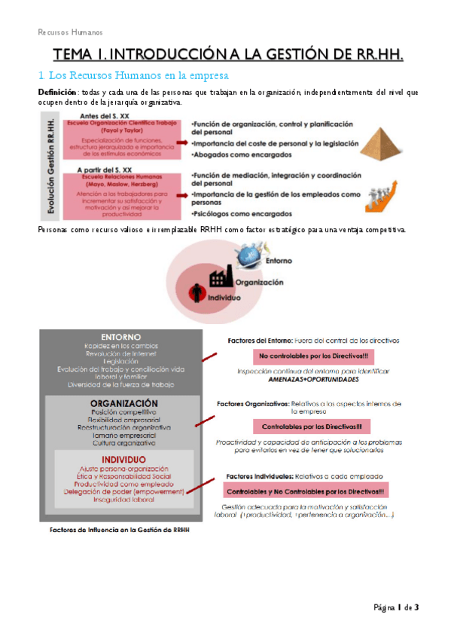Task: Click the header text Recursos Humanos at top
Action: [x=70, y=32]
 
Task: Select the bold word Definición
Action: [x=56, y=91]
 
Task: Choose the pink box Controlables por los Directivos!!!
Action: [x=312, y=425]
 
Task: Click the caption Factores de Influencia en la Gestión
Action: [x=120, y=530]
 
